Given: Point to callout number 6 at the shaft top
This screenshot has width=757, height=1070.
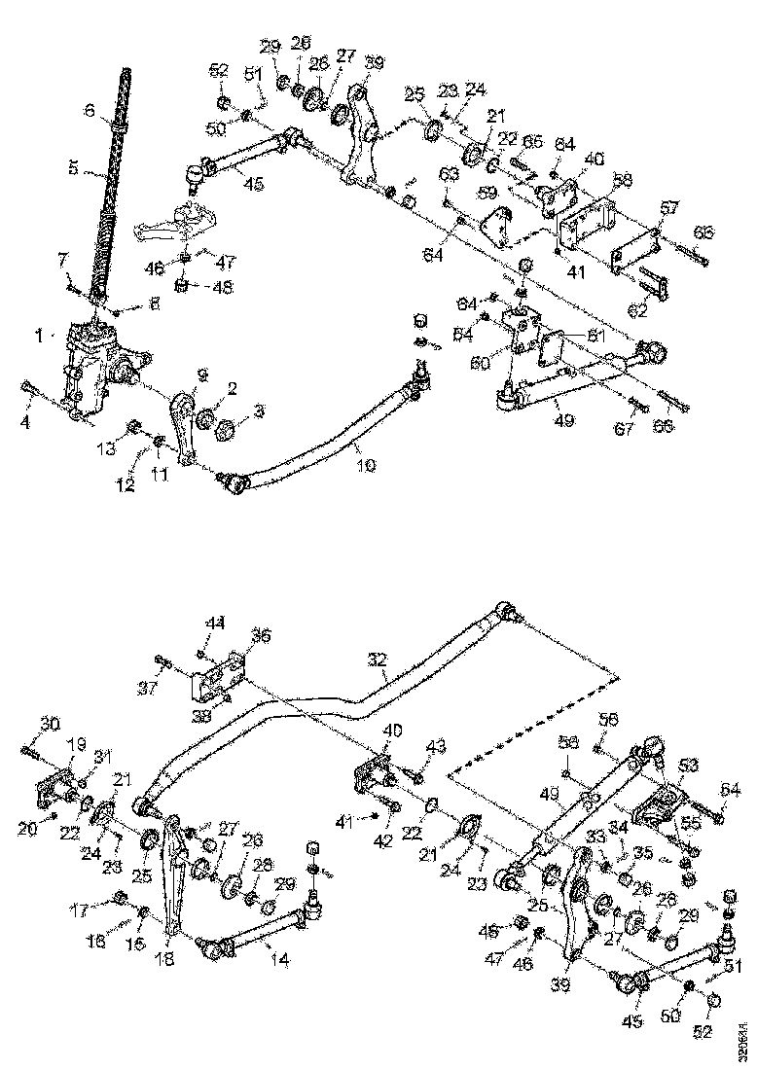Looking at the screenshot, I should tap(90, 112).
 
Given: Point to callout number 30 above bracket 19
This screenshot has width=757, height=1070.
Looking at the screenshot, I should tap(50, 723).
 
